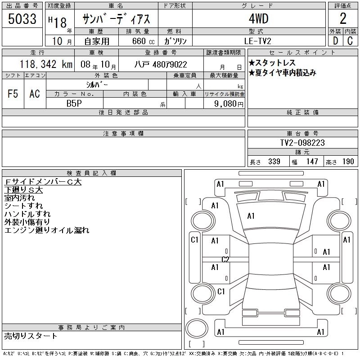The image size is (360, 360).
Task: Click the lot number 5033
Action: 22,19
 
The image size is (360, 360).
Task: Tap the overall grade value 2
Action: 343,18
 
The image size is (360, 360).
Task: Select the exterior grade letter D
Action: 335,41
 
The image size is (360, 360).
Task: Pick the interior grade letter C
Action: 350,41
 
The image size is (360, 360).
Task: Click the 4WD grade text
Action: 258,18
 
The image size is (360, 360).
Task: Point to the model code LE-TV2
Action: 257,41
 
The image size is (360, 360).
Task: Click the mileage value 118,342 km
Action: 46,64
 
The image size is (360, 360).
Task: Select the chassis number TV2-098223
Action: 302,143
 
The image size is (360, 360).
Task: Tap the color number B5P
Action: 74,103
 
